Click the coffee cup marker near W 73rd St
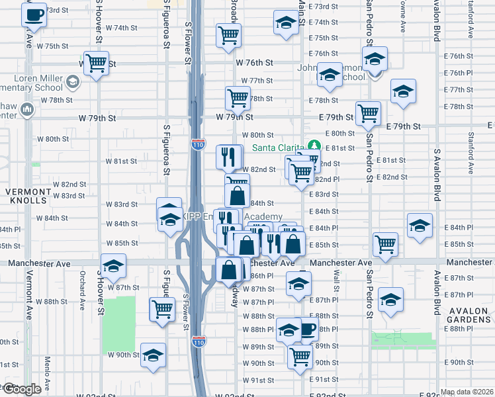(34, 14)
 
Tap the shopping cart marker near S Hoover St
(97, 64)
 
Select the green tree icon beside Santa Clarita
(314, 146)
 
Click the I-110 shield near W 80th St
(199, 146)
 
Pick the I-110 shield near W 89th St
(199, 341)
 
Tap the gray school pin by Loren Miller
(73, 82)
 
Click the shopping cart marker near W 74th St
(228, 35)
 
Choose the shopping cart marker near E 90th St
(300, 355)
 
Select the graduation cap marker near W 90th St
(153, 355)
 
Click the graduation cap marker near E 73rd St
(285, 22)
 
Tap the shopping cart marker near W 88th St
(162, 308)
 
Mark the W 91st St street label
(257, 380)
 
